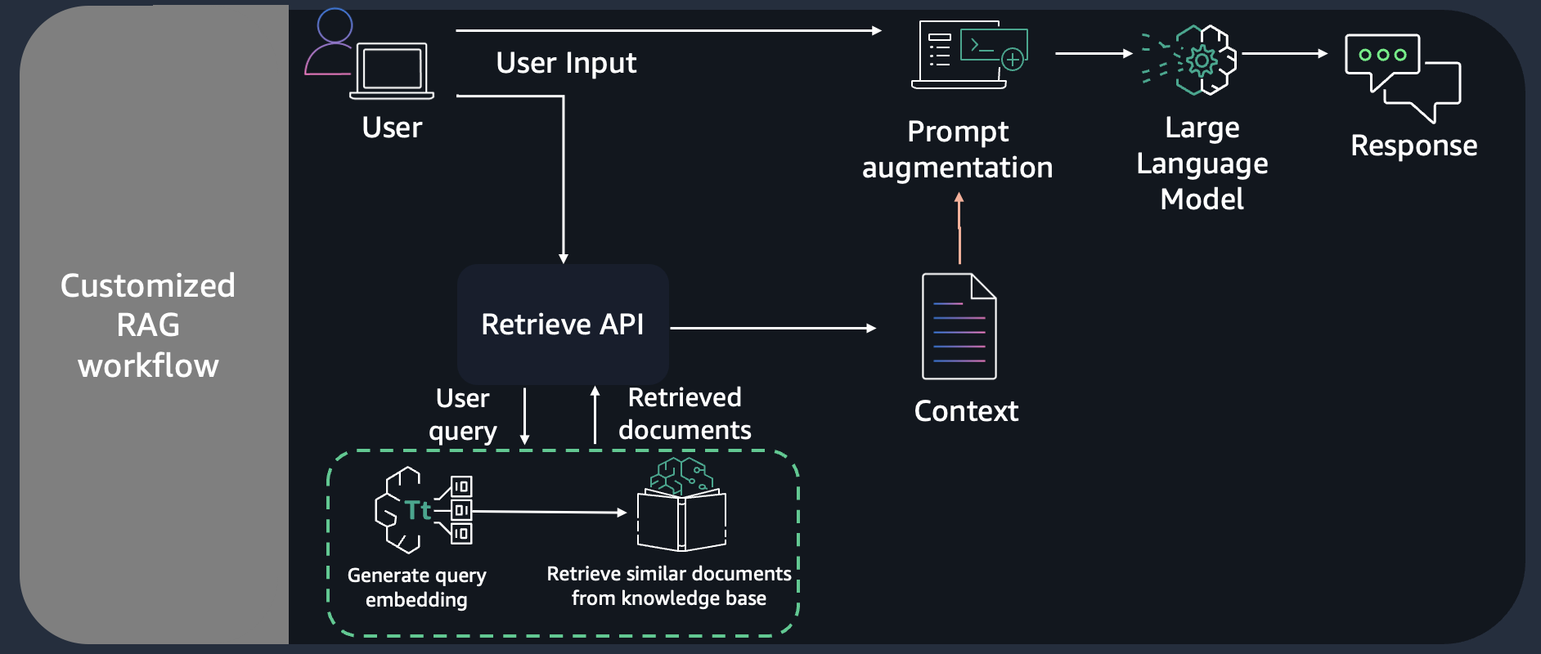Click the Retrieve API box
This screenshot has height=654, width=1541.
point(563,325)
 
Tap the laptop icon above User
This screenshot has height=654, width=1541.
point(392,70)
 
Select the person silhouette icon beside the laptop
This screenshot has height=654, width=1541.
point(330,43)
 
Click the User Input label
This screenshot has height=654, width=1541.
point(566,63)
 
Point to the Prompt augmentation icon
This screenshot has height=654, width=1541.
point(969,55)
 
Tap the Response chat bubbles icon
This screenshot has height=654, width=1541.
point(1403,78)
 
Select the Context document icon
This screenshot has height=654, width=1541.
point(959,326)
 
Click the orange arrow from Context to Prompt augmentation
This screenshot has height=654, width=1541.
point(959,229)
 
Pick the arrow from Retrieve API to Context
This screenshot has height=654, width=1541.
point(773,328)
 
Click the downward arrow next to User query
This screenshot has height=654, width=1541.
point(524,416)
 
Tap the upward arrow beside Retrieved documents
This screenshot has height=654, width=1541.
point(595,414)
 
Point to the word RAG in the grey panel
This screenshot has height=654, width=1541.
point(148,325)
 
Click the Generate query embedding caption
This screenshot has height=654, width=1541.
point(416,587)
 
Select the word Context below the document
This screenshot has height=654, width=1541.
point(966,411)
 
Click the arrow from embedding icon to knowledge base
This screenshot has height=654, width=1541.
point(548,513)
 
